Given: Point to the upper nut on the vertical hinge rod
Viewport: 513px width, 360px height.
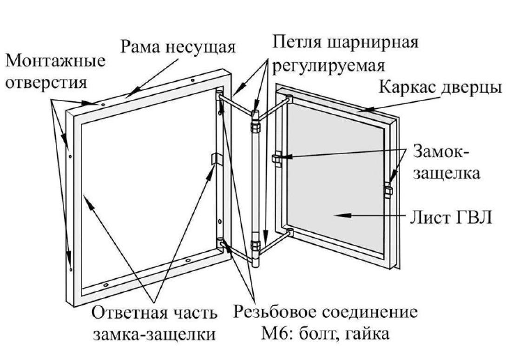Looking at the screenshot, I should (255, 124).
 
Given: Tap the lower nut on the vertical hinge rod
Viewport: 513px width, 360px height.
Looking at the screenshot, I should (254, 246).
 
